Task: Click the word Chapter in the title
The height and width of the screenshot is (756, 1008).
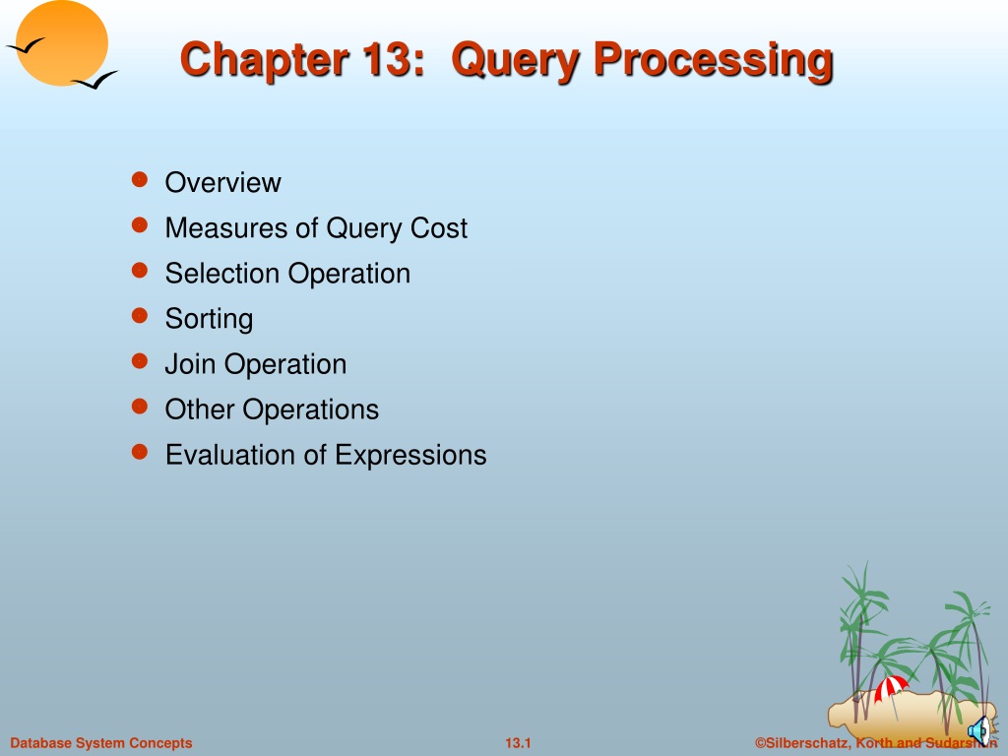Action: coord(264,59)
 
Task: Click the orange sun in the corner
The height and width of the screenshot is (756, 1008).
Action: coord(62,42)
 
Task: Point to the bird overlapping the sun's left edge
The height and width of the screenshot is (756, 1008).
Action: coord(25,46)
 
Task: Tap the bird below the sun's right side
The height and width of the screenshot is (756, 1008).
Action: coord(94,80)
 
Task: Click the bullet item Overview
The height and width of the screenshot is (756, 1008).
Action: coord(223,182)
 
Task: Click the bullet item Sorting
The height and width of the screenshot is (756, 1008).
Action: coord(209,320)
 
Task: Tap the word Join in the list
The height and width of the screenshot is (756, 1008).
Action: coord(190,364)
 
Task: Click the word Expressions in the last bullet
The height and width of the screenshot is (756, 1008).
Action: coord(410,456)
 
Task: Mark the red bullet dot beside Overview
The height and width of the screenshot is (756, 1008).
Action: coord(140,179)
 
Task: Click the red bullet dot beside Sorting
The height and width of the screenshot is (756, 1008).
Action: coord(140,315)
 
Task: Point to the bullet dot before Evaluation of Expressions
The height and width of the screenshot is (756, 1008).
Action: coord(140,451)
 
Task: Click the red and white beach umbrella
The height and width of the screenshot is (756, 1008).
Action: coord(891,691)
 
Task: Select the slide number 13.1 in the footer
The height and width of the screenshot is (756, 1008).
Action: coord(518,743)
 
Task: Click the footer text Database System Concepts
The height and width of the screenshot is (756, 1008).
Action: coord(101,743)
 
